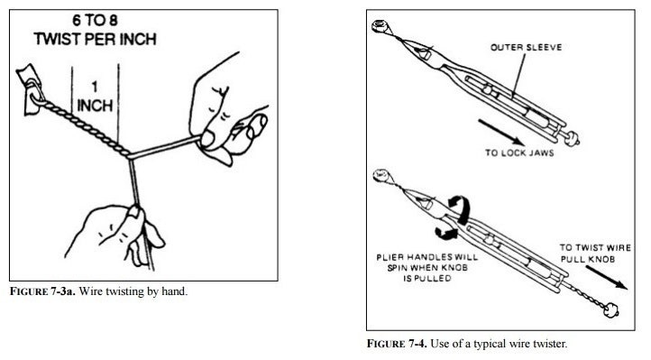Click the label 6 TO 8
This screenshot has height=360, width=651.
95,20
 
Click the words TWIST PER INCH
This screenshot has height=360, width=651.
95,39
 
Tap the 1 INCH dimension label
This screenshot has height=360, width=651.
95,97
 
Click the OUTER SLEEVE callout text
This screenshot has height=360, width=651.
526,47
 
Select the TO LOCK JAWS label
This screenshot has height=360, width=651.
519,152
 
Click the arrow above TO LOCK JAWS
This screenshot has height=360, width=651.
501,133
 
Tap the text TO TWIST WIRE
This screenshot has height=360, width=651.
595,247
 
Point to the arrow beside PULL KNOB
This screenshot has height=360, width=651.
606,277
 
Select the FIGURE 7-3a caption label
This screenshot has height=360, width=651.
42,291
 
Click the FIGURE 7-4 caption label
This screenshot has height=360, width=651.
397,344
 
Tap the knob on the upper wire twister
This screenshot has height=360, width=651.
573,138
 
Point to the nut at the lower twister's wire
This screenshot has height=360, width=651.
381,175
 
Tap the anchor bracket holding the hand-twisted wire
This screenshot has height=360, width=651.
29,89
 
